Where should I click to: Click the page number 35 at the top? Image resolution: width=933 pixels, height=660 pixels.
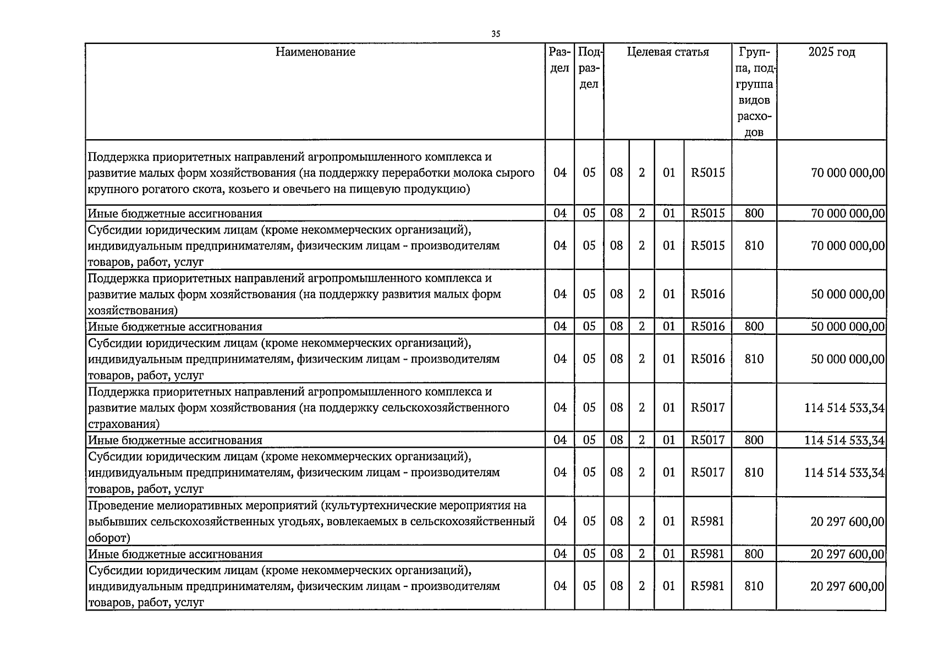coord(496,34)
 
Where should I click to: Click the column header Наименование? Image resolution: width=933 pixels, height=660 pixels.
coord(315,52)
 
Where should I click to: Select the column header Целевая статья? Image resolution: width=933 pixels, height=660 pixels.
coord(668,52)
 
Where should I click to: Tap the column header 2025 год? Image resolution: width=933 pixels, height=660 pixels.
coord(831,52)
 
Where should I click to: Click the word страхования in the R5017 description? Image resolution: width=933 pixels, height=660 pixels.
coord(123,424)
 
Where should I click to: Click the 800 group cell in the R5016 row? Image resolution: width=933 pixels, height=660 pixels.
coord(754,327)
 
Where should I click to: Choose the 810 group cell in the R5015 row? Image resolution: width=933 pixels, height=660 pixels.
coord(754,245)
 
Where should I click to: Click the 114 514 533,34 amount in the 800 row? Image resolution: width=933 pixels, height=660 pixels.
coord(844,440)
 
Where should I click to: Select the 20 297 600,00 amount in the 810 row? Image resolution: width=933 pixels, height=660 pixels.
coord(847,586)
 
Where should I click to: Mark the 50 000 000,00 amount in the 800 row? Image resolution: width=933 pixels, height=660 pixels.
coord(848,327)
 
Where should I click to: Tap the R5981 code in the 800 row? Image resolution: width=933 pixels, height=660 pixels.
coord(707,554)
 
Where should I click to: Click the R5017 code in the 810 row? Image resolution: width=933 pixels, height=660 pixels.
coord(707,472)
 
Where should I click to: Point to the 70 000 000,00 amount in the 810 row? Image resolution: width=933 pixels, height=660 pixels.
coord(848,245)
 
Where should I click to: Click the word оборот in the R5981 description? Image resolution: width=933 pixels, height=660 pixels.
coord(108,538)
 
